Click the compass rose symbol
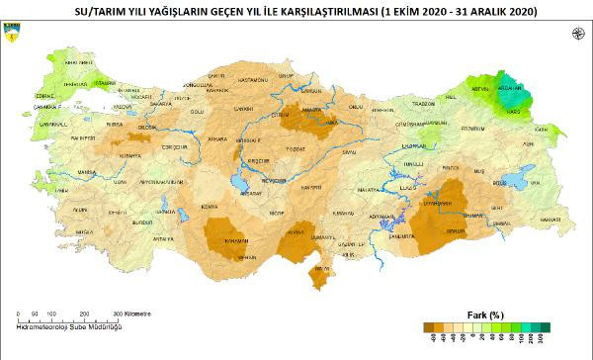coord(576,35)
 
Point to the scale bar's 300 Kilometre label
coord(132,313)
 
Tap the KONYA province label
coord(209,206)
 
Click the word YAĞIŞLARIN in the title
coord(173,11)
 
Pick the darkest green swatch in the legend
coord(545,327)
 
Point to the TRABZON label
coord(426,102)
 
